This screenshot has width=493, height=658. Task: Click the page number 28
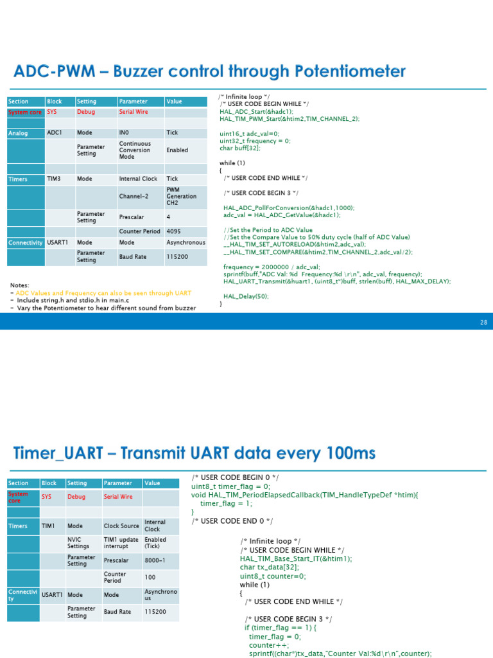[x=483, y=322]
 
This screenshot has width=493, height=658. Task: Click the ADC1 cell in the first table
[x=55, y=132]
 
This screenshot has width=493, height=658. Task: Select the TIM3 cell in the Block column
[x=55, y=179]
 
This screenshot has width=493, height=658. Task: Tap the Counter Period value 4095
[x=174, y=231]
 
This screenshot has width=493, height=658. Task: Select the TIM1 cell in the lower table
[x=48, y=526]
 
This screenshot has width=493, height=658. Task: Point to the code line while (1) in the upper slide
[x=228, y=163]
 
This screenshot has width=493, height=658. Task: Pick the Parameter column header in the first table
[x=133, y=102]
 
